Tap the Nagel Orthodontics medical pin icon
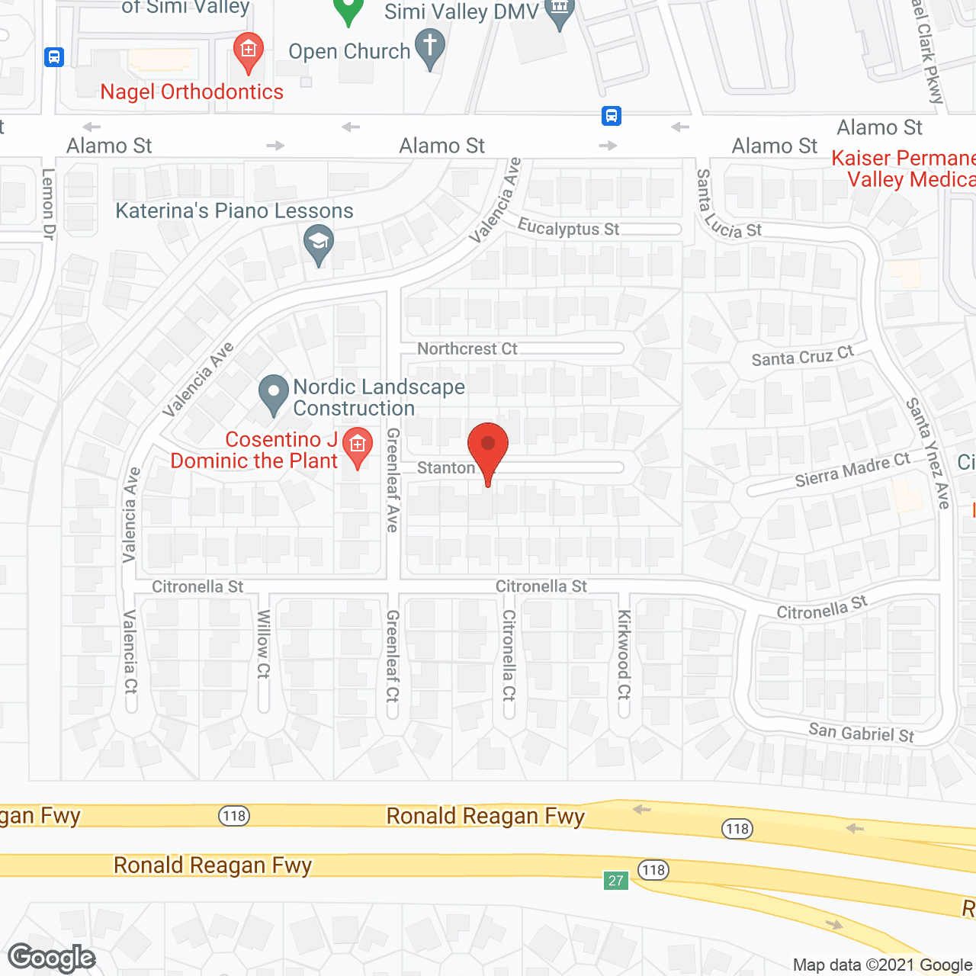click(248, 51)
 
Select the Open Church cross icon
click(429, 47)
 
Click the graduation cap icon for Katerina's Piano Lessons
click(319, 244)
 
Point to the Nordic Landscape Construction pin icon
click(273, 393)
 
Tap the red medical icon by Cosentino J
click(357, 446)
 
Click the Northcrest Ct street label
click(467, 348)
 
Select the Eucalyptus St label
click(568, 228)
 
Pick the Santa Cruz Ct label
click(802, 356)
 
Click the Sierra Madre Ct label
click(852, 470)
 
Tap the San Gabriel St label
click(861, 733)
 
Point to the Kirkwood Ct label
click(624, 654)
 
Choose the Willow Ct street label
click(264, 644)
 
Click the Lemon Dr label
click(48, 204)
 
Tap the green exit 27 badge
click(616, 880)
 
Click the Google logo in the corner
click(52, 958)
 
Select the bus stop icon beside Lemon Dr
click(54, 57)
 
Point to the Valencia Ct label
click(130, 651)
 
